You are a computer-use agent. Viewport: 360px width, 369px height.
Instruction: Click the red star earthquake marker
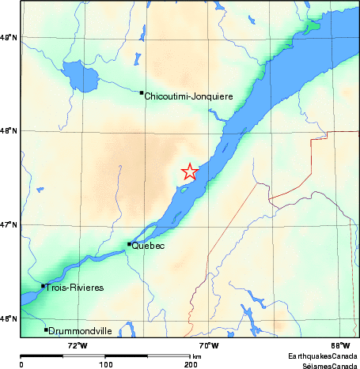tap(190, 171)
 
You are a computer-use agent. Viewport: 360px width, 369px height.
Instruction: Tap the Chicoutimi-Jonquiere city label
tap(188, 96)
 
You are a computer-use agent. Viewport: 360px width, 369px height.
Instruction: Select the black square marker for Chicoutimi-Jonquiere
tap(142, 92)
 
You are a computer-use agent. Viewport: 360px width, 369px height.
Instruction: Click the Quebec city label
tap(149, 247)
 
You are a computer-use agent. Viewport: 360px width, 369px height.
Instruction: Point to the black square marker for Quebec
tap(129, 244)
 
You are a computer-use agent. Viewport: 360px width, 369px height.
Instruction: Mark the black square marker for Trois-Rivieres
tap(43, 286)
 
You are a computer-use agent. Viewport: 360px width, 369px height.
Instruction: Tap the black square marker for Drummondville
tap(47, 329)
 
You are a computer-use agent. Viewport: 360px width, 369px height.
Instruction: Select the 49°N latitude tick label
tap(9, 37)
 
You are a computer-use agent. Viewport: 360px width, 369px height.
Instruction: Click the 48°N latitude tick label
tap(9, 131)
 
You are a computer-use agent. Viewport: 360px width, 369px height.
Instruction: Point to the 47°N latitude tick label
tap(9, 225)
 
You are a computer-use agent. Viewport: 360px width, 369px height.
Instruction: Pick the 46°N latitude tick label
tap(9, 318)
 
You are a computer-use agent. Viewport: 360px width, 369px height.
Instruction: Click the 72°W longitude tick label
tap(77, 345)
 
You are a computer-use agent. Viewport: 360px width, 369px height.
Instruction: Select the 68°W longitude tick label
tap(340, 345)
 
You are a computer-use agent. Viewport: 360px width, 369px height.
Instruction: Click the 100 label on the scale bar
tap(105, 364)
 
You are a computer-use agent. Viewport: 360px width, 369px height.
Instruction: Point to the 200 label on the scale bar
tap(190, 364)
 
